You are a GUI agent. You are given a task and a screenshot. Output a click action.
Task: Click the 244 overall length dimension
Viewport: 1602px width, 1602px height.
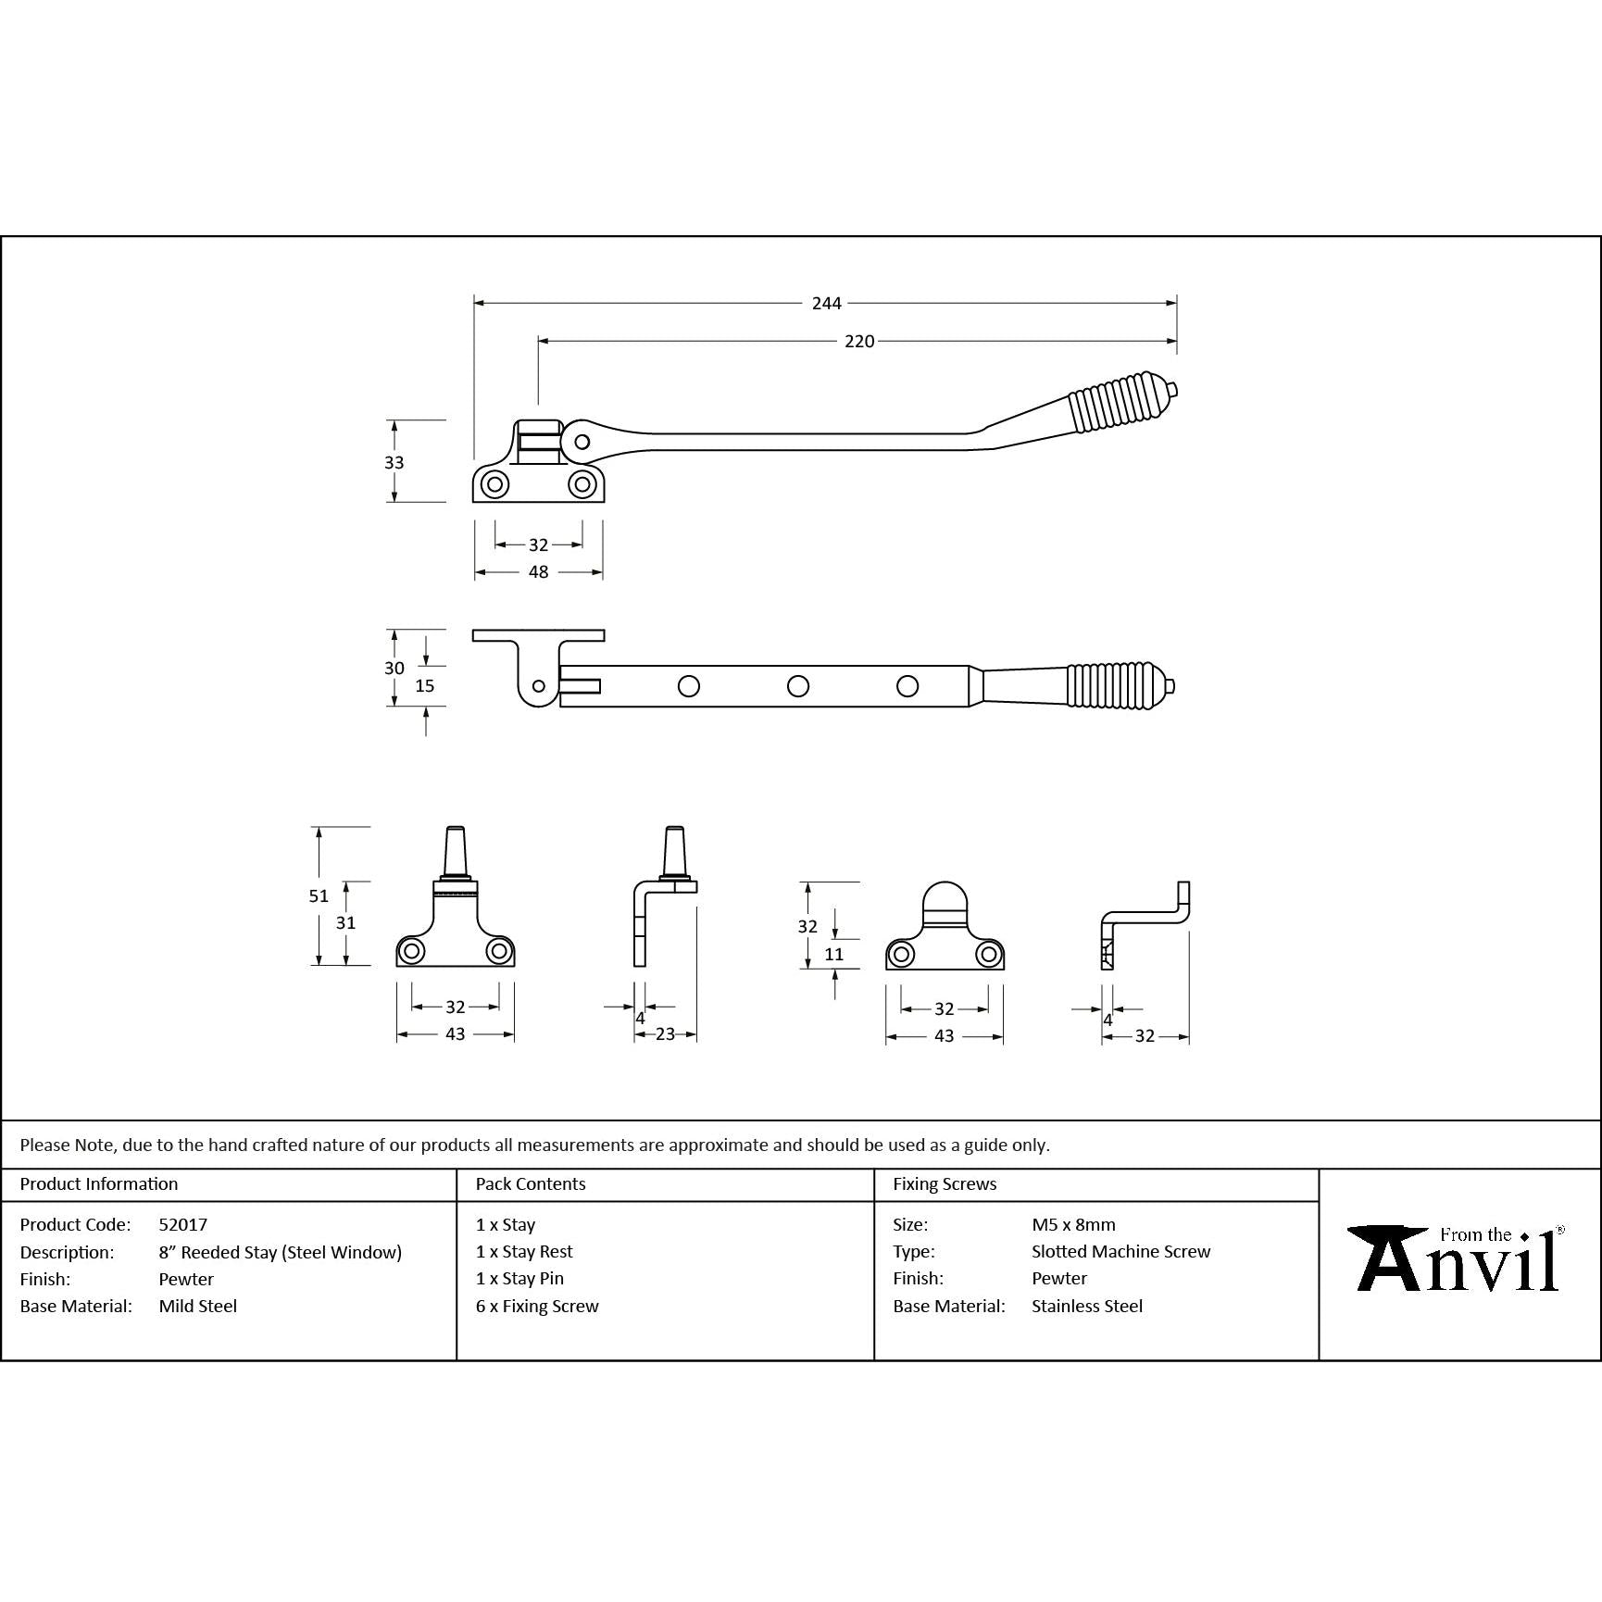coord(826,303)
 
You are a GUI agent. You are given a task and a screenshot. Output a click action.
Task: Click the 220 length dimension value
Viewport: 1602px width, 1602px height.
coord(858,342)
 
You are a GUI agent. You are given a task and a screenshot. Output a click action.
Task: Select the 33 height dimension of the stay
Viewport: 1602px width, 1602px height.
coord(394,462)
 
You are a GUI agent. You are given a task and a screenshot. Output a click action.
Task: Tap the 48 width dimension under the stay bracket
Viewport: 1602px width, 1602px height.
coord(538,572)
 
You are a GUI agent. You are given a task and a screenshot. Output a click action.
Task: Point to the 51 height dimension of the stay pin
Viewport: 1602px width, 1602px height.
coord(319,895)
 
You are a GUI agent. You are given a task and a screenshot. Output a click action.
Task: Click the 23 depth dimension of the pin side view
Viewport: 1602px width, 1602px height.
coord(665,1034)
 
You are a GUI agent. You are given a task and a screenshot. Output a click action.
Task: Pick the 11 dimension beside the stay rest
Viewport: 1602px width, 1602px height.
coord(833,954)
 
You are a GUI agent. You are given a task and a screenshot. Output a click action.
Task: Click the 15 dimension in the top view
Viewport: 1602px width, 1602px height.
coord(425,686)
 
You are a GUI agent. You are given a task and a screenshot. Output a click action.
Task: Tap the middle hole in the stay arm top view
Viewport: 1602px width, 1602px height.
coord(797,686)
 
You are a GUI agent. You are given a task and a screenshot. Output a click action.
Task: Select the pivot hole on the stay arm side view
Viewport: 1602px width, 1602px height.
coord(582,442)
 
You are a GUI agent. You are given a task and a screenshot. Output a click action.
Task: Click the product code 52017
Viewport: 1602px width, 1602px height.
coord(183,1224)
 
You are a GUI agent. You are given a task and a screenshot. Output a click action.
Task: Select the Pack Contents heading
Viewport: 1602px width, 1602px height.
coord(531,1183)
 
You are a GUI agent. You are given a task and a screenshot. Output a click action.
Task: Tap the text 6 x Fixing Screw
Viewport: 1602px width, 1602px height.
coord(537,1306)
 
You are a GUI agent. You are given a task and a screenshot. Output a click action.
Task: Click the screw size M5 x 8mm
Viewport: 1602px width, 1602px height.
coord(1073,1224)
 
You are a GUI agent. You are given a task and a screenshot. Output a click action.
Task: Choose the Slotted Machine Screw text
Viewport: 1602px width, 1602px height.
coord(1120,1251)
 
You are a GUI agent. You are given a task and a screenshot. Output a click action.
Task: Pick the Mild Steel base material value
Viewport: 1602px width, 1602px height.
coord(198,1306)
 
